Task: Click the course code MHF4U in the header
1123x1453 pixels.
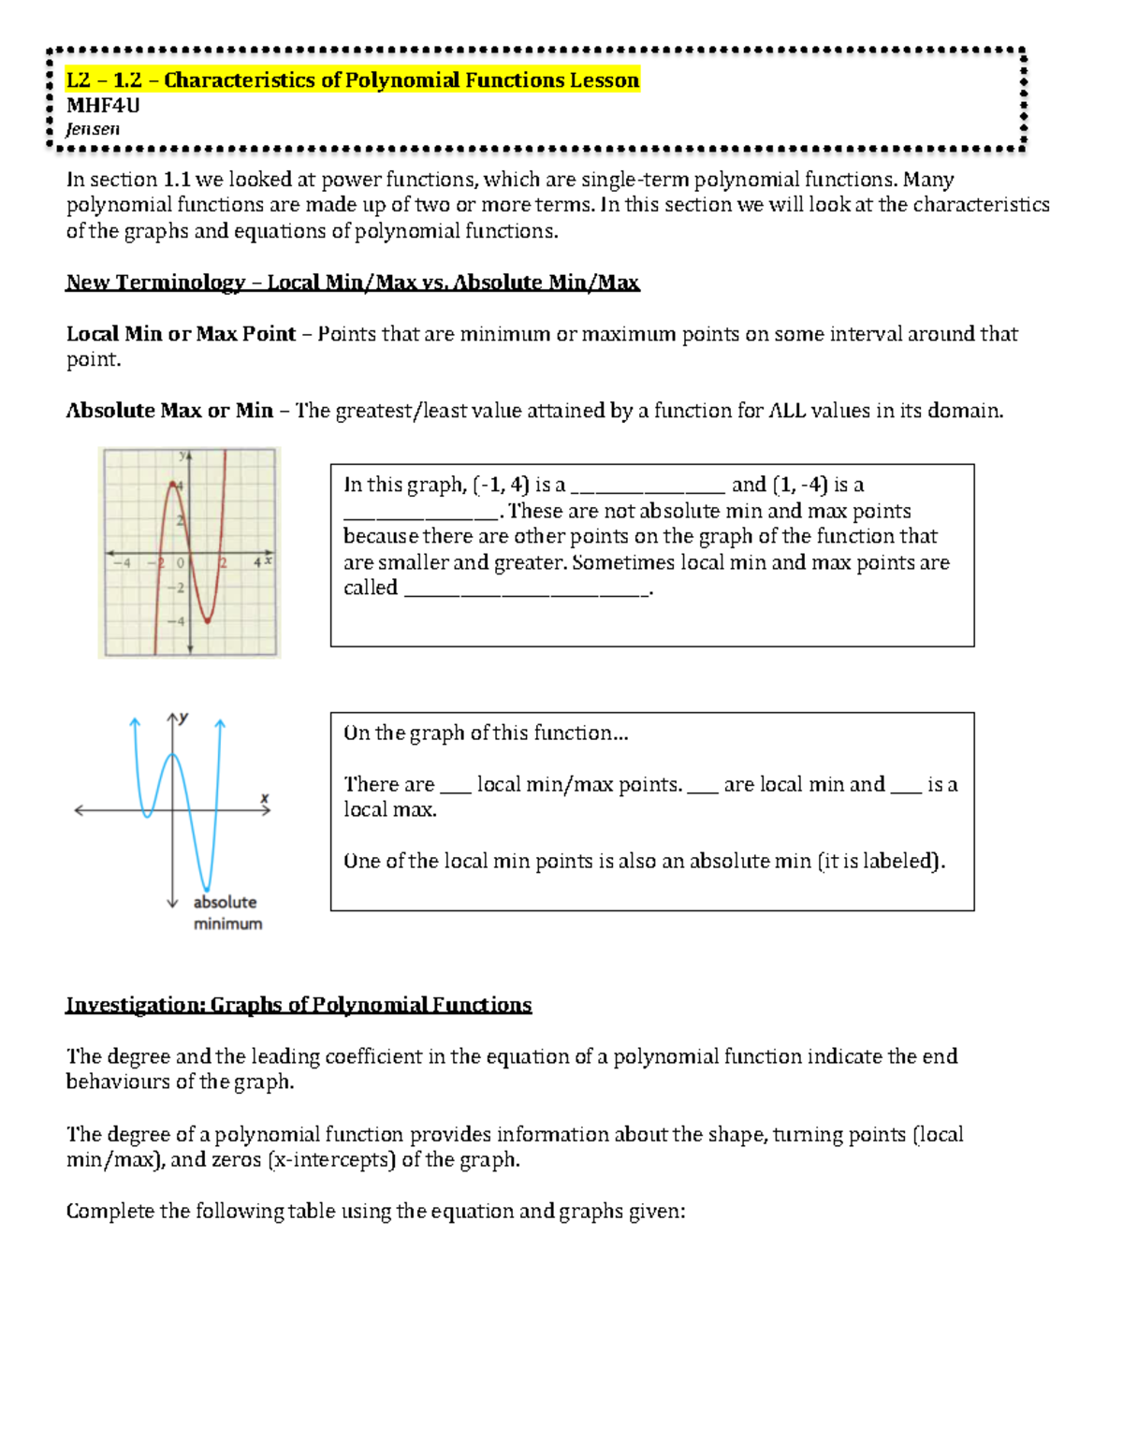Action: (x=103, y=106)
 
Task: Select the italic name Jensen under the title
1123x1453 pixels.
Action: (x=93, y=129)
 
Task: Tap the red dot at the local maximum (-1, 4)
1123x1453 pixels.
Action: (x=173, y=484)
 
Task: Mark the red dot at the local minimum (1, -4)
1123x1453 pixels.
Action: (x=207, y=619)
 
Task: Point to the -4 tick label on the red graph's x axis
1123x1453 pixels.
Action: (x=122, y=562)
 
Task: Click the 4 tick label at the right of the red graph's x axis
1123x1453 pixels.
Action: (x=257, y=562)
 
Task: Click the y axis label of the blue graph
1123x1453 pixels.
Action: (x=183, y=718)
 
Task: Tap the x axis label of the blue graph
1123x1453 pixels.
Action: (x=265, y=798)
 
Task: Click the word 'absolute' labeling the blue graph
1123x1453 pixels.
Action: (x=225, y=902)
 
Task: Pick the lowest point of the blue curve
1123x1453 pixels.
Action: (x=207, y=889)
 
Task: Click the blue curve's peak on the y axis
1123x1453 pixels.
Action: (x=172, y=754)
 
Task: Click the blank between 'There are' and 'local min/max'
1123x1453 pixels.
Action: (x=455, y=786)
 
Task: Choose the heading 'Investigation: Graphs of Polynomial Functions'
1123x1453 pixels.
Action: (x=299, y=1005)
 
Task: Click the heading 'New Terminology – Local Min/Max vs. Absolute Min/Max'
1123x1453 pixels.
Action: (x=353, y=283)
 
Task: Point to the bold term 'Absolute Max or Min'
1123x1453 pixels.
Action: (x=169, y=411)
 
